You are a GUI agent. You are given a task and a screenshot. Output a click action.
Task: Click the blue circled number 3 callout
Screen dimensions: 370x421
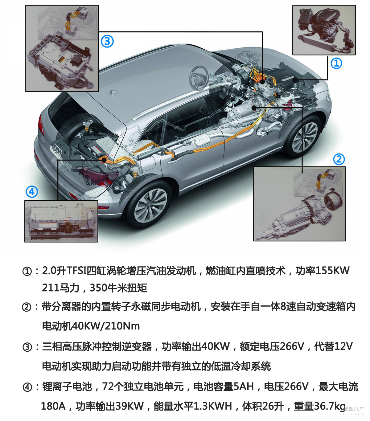pos(107,41)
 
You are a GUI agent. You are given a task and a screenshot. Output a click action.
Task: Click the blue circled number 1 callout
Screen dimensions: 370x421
pos(336,63)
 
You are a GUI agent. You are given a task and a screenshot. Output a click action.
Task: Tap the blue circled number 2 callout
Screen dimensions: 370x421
pos(339,159)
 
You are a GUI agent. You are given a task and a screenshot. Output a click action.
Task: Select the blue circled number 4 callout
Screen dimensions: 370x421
pos(32,192)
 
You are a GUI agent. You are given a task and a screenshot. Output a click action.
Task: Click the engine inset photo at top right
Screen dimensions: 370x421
pos(324,30)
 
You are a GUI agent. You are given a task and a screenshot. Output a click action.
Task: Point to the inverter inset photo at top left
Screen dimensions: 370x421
pos(62,48)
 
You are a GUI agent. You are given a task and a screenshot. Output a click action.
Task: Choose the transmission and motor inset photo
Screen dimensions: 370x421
pos(299,204)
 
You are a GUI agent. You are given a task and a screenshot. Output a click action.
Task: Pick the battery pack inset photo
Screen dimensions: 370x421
pos(61,221)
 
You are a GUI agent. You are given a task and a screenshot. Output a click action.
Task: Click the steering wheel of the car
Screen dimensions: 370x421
pos(199,78)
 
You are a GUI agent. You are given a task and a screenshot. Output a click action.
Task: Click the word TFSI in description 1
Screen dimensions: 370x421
pos(76,271)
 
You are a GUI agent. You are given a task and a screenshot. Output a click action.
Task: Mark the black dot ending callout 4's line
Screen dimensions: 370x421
pos(104,160)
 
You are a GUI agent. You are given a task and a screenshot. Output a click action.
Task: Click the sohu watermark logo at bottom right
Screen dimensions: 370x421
pos(353,411)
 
